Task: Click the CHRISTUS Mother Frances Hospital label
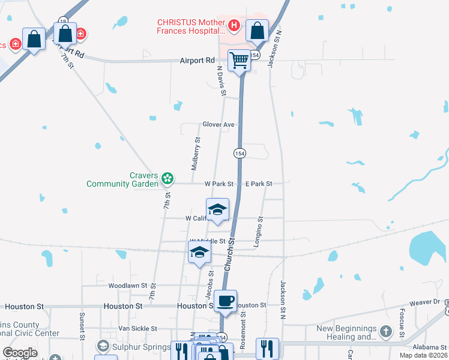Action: coord(191,26)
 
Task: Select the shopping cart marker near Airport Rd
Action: coord(240,60)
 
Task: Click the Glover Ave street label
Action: coord(218,125)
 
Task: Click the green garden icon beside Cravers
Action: coord(167,178)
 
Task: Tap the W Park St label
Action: coord(218,184)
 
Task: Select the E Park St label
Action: coord(259,184)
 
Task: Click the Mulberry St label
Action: coord(196,154)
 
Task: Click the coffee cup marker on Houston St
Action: coord(226,300)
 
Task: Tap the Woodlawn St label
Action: coord(128,286)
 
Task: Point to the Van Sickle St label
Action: coord(137,328)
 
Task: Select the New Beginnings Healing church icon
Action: coord(386,331)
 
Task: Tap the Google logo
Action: coord(20,353)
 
